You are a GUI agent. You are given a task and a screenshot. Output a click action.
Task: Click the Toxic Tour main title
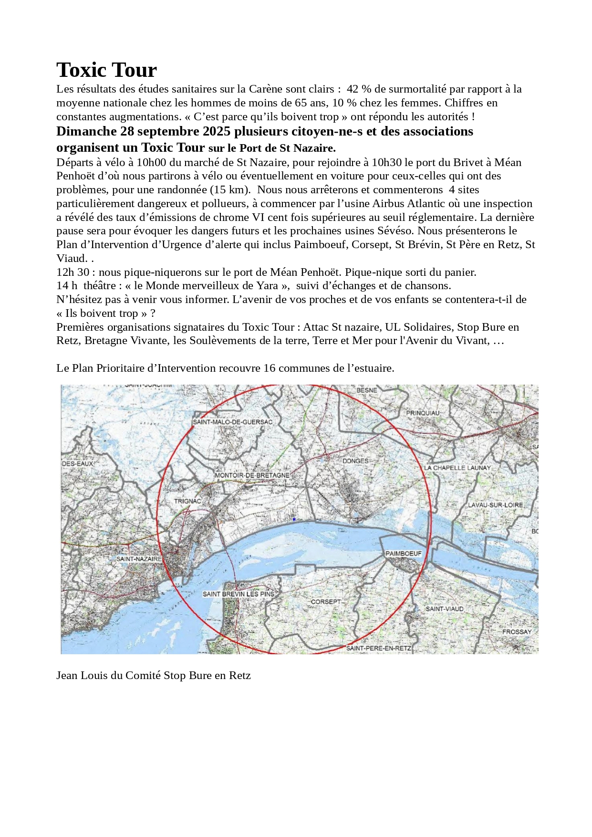tap(106, 70)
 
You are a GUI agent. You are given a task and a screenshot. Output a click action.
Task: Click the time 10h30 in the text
tap(386, 163)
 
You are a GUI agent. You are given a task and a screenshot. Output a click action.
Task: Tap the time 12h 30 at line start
tap(73, 272)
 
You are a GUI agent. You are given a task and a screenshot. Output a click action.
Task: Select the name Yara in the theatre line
tap(267, 286)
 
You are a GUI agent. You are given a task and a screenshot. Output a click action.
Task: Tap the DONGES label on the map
tap(355, 461)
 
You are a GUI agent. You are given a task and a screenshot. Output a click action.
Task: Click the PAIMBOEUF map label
tap(404, 554)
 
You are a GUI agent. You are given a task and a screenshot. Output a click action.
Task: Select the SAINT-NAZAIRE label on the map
tap(139, 559)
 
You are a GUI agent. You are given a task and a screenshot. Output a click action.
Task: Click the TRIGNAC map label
tap(187, 501)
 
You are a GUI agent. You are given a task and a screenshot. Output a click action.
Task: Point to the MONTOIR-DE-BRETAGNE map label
tap(252, 475)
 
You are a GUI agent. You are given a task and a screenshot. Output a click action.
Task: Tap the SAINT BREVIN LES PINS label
tap(239, 594)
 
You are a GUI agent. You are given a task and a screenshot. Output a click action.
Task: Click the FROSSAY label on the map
tap(517, 632)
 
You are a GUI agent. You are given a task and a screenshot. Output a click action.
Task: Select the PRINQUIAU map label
tap(423, 413)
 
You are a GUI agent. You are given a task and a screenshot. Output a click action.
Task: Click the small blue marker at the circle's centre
tap(294, 519)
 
